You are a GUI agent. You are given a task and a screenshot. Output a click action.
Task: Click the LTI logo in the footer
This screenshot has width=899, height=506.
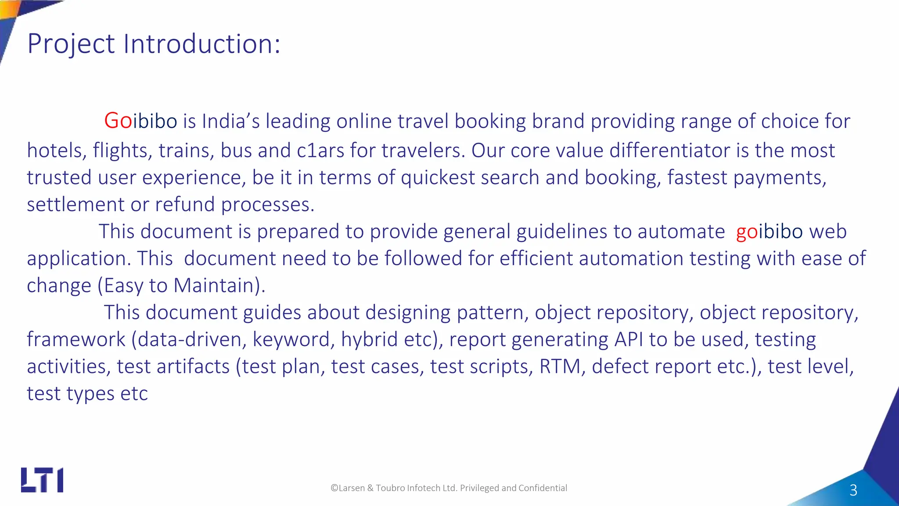point(42,480)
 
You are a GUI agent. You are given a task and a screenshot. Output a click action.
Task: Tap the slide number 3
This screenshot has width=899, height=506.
point(853,490)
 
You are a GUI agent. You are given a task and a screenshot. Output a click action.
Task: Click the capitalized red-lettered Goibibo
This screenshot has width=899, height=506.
point(140,121)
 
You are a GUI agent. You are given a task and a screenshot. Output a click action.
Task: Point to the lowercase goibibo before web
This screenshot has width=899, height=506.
point(769,232)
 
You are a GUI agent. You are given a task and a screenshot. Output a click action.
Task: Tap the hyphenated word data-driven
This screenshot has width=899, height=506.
point(192,340)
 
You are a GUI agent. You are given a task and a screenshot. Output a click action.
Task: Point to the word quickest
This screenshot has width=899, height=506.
point(437,178)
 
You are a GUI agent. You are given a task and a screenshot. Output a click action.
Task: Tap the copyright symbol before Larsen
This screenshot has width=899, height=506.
point(334,488)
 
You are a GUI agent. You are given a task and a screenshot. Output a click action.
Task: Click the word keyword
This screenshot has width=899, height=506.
point(291,340)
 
